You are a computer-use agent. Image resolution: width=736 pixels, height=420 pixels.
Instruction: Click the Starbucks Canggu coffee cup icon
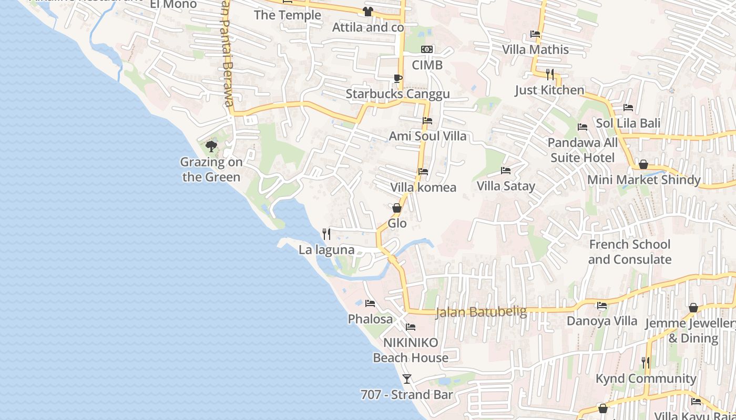pos(398,79)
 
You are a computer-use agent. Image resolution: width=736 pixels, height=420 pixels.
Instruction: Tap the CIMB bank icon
pos(427,49)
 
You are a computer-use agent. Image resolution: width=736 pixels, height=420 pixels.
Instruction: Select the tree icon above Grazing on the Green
pos(211,146)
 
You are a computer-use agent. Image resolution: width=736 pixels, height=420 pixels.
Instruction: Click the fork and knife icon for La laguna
pos(326,234)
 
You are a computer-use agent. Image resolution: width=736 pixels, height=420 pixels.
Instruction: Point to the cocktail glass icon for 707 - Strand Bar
pos(407,379)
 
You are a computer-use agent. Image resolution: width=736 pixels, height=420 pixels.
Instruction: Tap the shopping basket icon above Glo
pos(397,208)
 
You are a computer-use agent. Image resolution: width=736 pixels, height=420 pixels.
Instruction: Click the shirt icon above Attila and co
pos(367,12)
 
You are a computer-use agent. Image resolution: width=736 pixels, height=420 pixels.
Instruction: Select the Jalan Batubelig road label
pos(481,311)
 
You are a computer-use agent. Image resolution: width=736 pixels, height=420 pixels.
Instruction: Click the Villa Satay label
pos(506,186)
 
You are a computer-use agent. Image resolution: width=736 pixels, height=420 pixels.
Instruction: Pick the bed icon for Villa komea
pos(423,172)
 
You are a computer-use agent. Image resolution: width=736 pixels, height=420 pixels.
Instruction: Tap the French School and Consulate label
pos(629,252)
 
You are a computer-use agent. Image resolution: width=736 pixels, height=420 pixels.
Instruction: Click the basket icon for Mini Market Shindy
pos(643,164)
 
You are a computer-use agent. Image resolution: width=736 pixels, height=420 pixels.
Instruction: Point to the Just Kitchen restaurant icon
pos(550,74)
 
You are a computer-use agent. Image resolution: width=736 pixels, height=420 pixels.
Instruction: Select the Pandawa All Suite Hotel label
pos(582,150)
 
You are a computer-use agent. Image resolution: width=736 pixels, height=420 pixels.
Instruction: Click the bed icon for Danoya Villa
pos(602,305)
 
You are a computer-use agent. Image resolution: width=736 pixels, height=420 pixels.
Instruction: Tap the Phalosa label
pos(370,319)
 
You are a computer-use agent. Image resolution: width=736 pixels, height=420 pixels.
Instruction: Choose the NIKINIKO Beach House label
pos(411,350)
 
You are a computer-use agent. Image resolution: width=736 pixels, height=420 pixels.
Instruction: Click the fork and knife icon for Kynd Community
pos(645,362)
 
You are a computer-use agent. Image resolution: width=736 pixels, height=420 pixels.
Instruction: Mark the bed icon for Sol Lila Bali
pos(628,108)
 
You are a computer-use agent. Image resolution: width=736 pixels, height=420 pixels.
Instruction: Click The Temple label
pos(287,15)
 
